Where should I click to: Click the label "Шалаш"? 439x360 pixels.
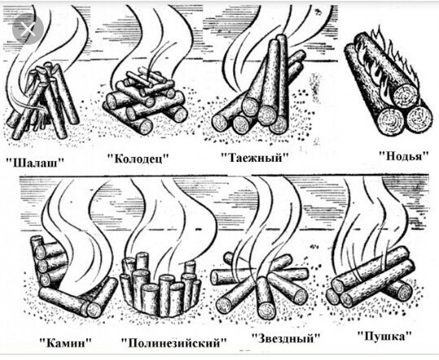tap(35, 163)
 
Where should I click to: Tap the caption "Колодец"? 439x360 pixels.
tap(138, 159)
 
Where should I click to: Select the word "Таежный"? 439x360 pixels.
tap(254, 158)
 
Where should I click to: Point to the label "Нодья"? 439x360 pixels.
tap(404, 155)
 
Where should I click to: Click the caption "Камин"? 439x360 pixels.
tap(66, 342)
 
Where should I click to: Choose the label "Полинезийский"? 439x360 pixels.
tap(174, 343)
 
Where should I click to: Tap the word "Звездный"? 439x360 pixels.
tap(285, 338)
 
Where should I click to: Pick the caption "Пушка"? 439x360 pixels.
tap(385, 336)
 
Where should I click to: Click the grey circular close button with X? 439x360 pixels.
tap(28, 28)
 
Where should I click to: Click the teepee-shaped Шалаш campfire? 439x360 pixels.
tap(43, 101)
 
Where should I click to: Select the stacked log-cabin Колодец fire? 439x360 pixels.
tap(145, 100)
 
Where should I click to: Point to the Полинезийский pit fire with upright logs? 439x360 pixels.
tap(160, 285)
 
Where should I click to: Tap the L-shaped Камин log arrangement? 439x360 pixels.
tap(73, 277)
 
